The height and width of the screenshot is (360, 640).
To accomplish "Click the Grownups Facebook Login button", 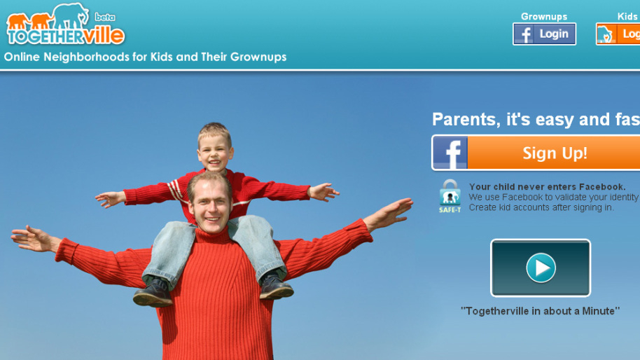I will pyautogui.click(x=544, y=34).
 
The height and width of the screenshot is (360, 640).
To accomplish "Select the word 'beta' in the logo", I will pyautogui.click(x=104, y=16).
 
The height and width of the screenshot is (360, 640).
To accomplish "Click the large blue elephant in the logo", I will pyautogui.click(x=70, y=15).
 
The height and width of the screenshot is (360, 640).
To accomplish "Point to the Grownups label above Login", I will pyautogui.click(x=544, y=16).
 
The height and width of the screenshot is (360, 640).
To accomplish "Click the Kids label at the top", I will pyautogui.click(x=627, y=16).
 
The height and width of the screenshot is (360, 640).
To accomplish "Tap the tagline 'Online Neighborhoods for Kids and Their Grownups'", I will pyautogui.click(x=146, y=57).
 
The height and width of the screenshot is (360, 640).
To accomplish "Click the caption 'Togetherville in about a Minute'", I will pyautogui.click(x=540, y=310).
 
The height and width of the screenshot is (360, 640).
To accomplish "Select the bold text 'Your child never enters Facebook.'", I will pyautogui.click(x=547, y=186).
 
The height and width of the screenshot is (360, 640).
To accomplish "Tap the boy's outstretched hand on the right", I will pyautogui.click(x=324, y=191).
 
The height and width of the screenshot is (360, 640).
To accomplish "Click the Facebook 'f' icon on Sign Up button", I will pyautogui.click(x=450, y=153).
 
